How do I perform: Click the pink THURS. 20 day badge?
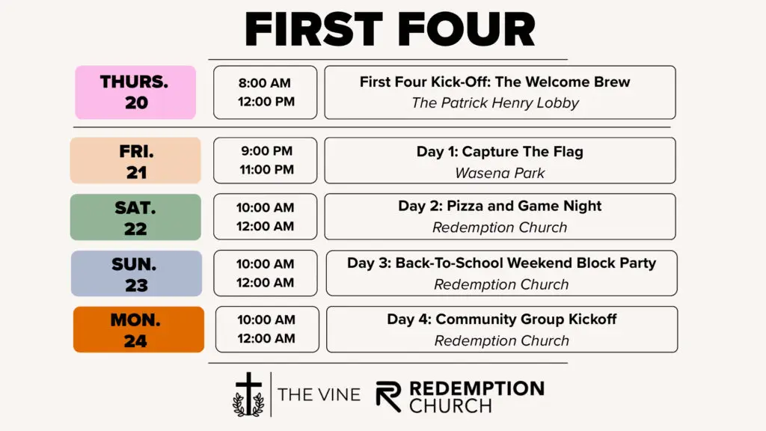point(135,92)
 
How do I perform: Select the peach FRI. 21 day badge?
point(135,160)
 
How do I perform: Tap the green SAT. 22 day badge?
point(135,217)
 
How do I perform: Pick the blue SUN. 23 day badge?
point(136,274)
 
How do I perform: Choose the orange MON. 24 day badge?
point(138,329)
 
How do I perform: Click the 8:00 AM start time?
point(265,83)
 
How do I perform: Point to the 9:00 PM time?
point(267,151)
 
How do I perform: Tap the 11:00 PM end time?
point(267,170)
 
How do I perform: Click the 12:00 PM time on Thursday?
point(266,102)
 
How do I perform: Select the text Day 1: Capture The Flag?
point(500,151)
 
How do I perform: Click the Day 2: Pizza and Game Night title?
point(500,206)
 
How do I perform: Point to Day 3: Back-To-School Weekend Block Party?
point(502,263)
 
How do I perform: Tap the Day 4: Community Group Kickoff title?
point(502,319)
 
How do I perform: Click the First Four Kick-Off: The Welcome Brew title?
point(495,82)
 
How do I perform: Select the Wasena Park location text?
point(500,173)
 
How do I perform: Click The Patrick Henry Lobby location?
point(495,103)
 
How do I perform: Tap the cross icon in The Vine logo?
point(248,394)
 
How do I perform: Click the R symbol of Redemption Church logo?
point(388,397)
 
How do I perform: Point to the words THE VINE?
point(319,394)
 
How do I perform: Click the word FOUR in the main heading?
point(467,29)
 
